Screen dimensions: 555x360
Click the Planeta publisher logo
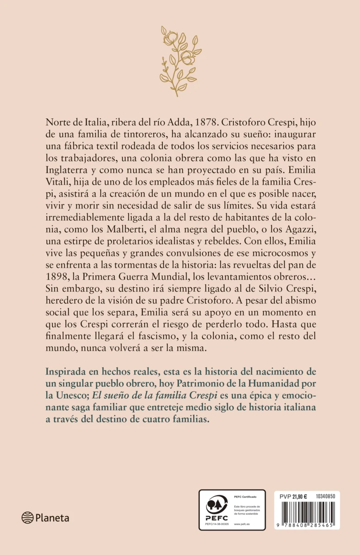[45, 518]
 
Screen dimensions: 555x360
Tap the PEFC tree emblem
[216, 507]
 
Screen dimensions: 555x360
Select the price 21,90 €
[303, 496]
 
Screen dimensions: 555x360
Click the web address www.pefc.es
[242, 524]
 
